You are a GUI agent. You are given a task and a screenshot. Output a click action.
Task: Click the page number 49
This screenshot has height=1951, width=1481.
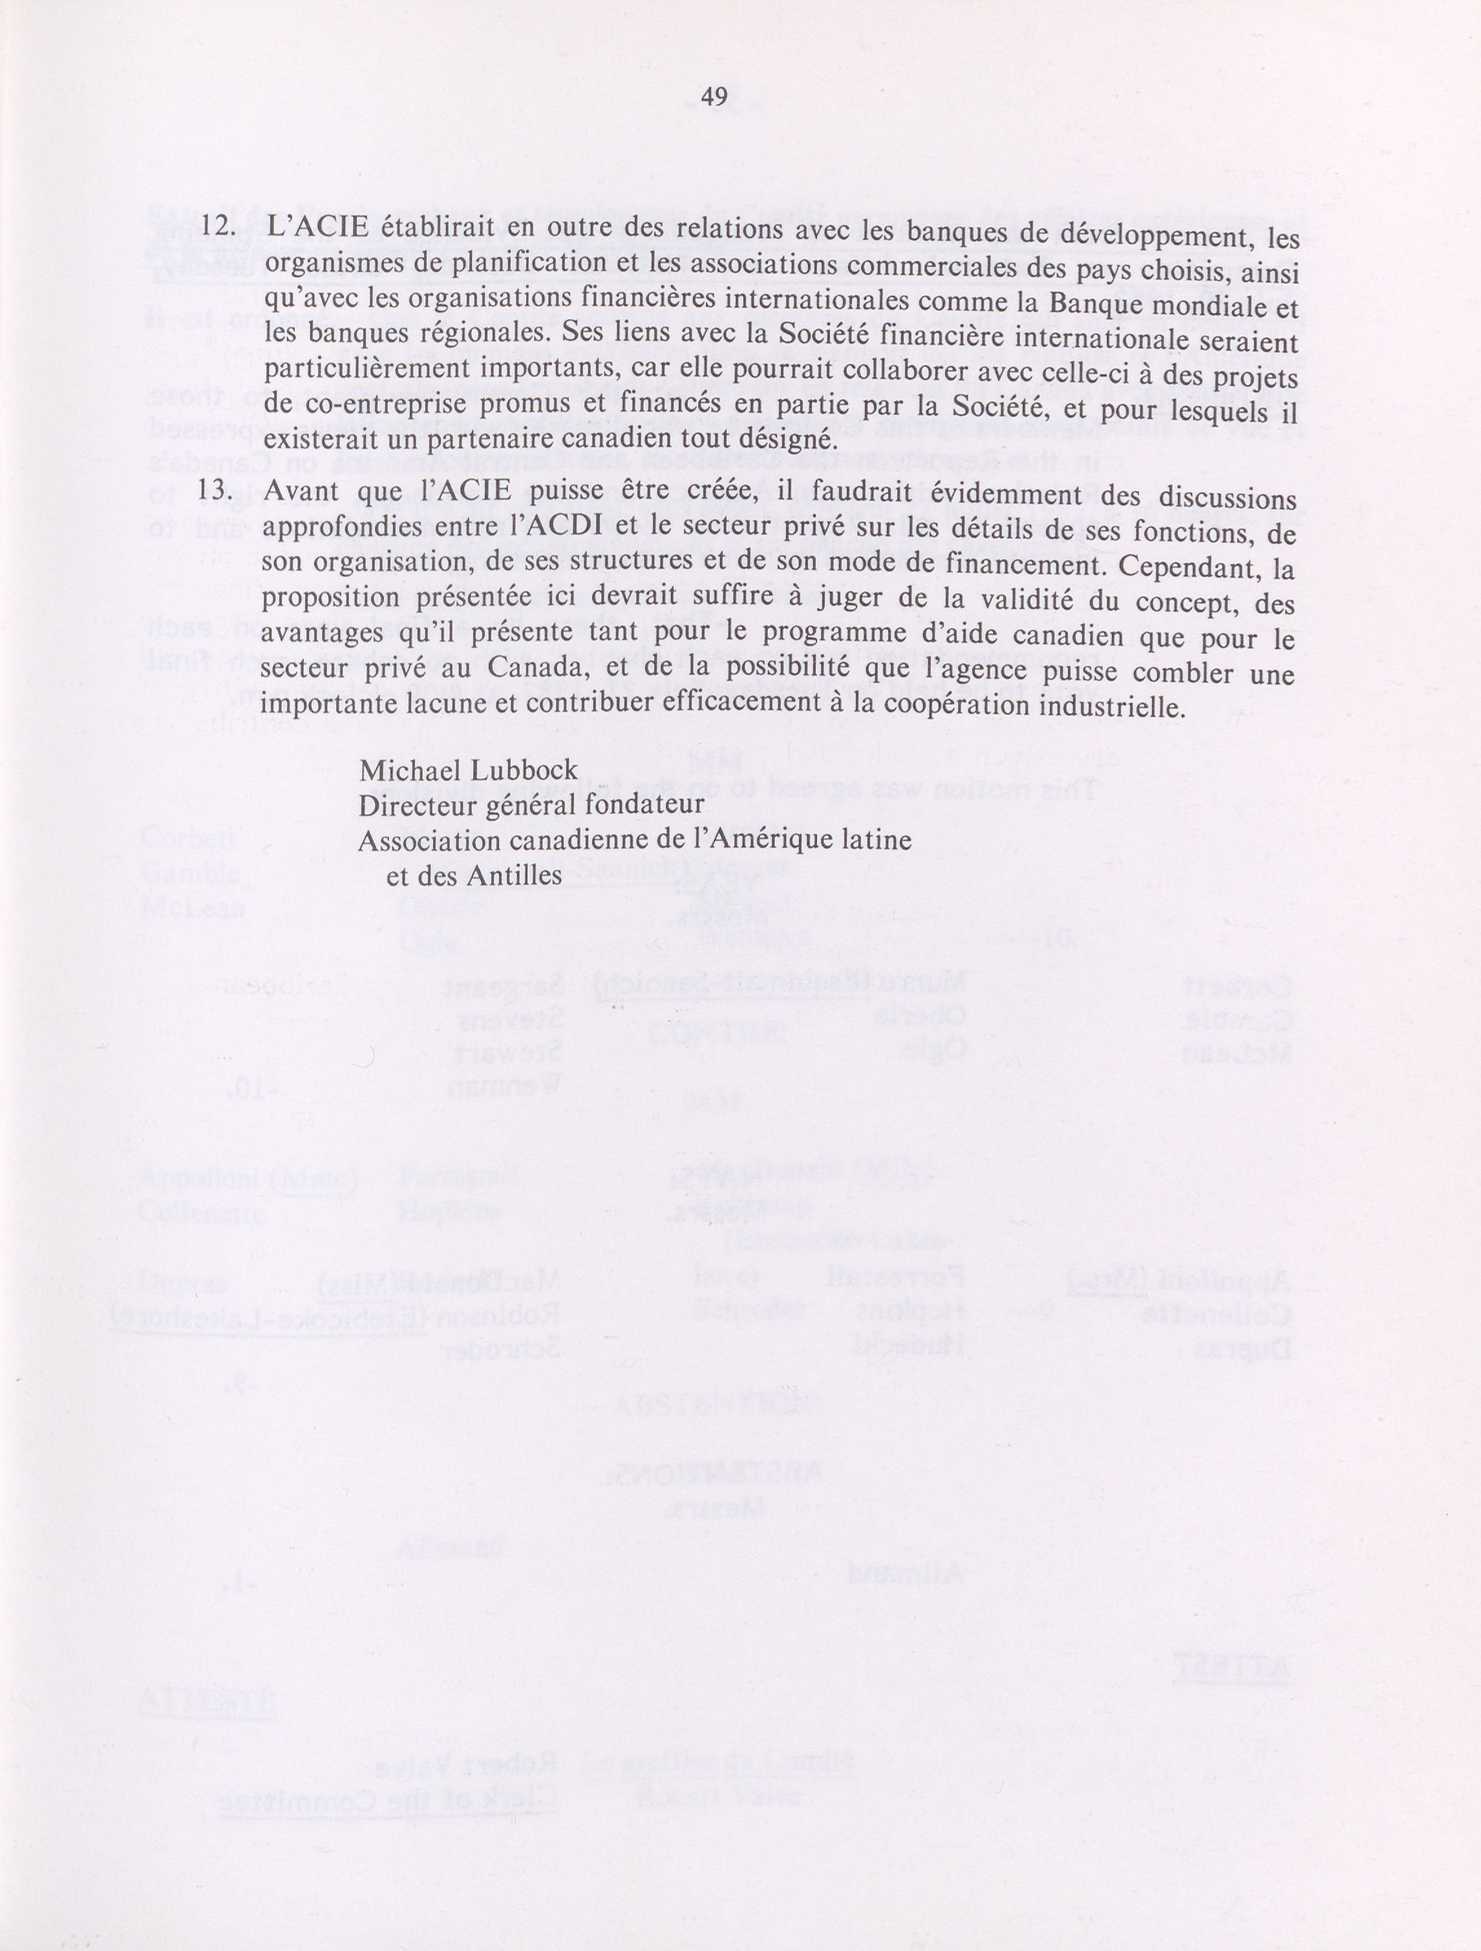coord(714,97)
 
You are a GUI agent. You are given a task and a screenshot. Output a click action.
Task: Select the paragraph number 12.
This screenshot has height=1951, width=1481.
coord(215,226)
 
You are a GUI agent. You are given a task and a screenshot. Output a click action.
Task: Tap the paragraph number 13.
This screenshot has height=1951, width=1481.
coord(215,492)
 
